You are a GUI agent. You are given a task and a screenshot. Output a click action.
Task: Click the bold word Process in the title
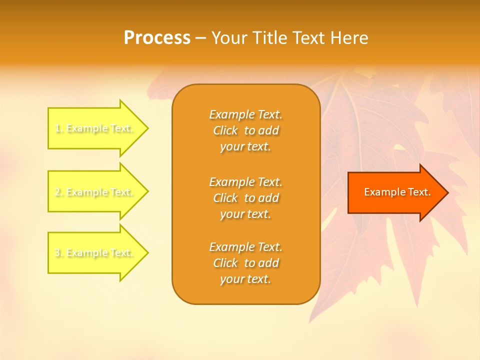pos(157,38)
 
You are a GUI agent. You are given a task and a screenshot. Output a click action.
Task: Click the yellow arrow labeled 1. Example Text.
pos(95,128)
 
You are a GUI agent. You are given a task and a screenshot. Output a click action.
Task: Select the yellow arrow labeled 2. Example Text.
pos(95,192)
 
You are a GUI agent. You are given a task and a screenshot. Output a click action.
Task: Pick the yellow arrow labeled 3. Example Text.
pos(95,253)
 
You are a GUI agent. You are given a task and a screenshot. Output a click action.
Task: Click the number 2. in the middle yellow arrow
pos(58,192)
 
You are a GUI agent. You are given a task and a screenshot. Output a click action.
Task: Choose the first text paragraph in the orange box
pos(245,130)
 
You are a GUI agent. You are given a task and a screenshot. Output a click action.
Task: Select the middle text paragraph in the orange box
pos(245,198)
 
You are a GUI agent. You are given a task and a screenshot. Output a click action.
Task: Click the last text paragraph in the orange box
pos(245,263)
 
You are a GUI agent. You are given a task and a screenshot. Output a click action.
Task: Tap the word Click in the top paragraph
pos(225,130)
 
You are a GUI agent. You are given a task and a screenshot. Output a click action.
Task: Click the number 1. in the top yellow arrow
pos(58,128)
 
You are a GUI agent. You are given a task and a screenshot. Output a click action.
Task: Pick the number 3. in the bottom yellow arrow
pos(58,253)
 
